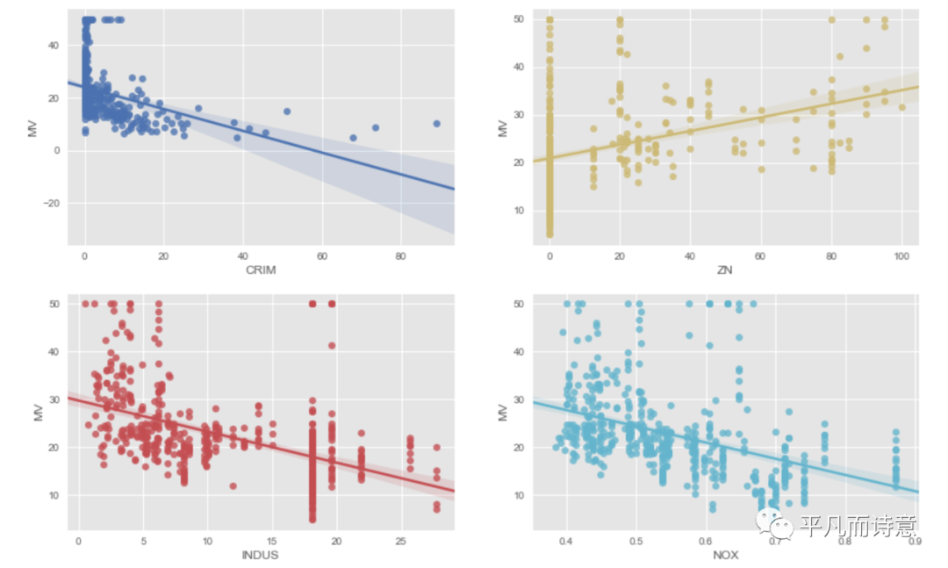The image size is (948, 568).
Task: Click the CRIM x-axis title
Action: pyautogui.click(x=261, y=270)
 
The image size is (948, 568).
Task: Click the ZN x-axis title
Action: pyautogui.click(x=725, y=270)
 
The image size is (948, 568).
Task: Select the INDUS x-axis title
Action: pyautogui.click(x=261, y=555)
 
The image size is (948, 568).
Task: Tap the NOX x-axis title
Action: pyautogui.click(x=725, y=555)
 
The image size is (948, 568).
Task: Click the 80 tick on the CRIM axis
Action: pyautogui.click(x=400, y=256)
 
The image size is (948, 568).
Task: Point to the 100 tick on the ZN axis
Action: pyautogui.click(x=901, y=256)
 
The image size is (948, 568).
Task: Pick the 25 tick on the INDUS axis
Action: pyautogui.click(x=400, y=542)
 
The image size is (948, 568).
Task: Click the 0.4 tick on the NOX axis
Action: pyautogui.click(x=566, y=542)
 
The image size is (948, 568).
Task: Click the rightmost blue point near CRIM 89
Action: pyautogui.click(x=436, y=124)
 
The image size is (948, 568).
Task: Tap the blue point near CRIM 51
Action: pyautogui.click(x=287, y=111)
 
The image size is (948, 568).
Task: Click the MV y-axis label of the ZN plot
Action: pyautogui.click(x=503, y=127)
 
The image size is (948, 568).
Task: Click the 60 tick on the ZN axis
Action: pyautogui.click(x=761, y=256)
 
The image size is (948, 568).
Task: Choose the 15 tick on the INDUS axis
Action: pyautogui.click(x=272, y=542)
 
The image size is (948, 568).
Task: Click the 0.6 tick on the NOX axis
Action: pyautogui.click(x=706, y=542)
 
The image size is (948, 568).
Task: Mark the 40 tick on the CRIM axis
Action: pyautogui.click(x=242, y=256)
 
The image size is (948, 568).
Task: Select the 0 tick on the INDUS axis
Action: pyautogui.click(x=79, y=542)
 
